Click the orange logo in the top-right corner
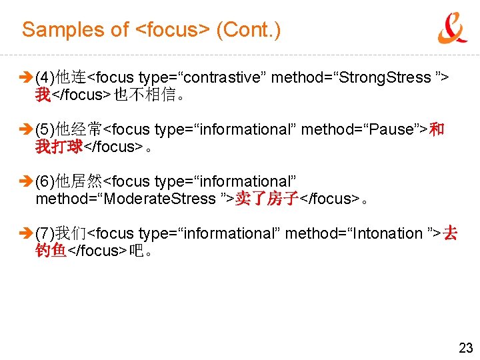[452, 28]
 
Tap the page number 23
[465, 347]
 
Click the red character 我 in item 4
[43, 95]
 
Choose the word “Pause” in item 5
[391, 129]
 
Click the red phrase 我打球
[59, 147]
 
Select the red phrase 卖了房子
[266, 199]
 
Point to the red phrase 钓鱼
[51, 251]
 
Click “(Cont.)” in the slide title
[249, 30]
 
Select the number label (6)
[45, 181]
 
